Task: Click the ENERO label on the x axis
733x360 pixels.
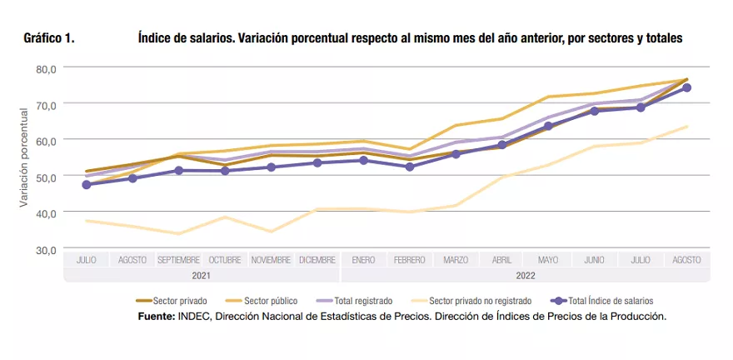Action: (363, 260)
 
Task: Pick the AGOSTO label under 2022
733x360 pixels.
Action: (686, 260)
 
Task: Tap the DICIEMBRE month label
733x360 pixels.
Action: (317, 260)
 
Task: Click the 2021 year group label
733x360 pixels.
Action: (202, 275)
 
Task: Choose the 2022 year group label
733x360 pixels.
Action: (525, 275)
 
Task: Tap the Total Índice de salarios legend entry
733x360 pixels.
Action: (609, 301)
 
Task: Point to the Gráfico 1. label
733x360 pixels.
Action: (49, 38)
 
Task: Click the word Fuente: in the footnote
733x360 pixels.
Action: (157, 317)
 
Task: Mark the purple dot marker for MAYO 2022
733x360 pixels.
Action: (548, 127)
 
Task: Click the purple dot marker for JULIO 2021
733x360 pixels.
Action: (87, 185)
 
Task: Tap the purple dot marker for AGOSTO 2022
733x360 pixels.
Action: (686, 87)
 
